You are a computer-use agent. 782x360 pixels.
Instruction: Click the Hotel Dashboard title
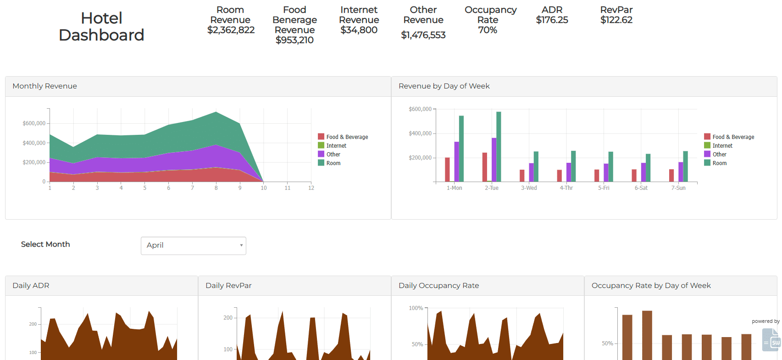coord(101,27)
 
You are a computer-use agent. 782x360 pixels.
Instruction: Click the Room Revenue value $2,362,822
coord(231,30)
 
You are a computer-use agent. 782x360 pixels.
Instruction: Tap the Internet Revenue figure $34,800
coord(359,30)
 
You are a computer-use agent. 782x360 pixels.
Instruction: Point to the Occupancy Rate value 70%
coord(488,30)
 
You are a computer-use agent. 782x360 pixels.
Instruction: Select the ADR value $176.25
coord(552,20)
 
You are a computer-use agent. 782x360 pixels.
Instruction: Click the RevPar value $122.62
coord(616,20)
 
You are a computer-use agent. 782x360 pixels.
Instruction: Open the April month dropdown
coord(193,245)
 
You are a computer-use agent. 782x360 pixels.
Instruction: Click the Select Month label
coord(45,244)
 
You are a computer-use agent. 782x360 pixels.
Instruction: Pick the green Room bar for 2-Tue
coord(499,147)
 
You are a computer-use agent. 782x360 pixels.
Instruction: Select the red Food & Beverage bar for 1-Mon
coord(447,170)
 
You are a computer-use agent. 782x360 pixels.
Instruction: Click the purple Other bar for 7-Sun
coord(681,172)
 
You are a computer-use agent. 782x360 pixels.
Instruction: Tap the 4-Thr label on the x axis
coord(566,188)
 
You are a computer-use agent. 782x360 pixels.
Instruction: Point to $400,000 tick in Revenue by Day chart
coord(420,133)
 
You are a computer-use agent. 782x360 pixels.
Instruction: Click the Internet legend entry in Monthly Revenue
coord(336,146)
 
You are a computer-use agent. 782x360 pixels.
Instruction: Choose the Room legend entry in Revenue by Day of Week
coord(719,163)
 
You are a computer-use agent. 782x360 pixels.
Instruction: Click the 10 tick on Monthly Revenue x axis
coord(264,188)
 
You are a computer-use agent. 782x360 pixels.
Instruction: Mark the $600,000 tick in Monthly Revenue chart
coord(34,123)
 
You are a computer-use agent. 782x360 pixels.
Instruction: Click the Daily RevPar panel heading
coord(228,286)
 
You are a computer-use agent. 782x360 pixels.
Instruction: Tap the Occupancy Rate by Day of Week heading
coord(651,286)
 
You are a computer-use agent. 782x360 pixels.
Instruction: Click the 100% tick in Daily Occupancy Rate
coord(416,308)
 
